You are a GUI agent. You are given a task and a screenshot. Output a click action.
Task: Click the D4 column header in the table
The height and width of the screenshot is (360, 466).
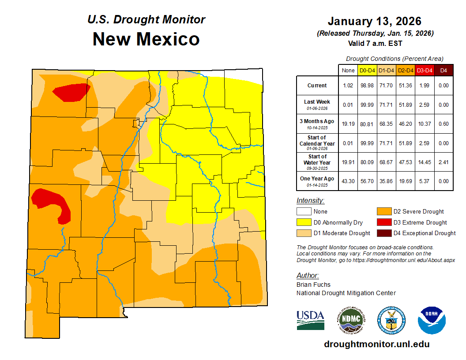pos(444,70)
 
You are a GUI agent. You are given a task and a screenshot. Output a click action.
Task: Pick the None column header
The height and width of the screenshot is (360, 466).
pos(348,70)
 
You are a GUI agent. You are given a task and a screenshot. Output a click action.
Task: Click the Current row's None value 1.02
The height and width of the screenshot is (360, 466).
pos(348,86)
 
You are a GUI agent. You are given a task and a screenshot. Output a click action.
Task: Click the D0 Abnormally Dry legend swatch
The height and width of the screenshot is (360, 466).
pos(304,222)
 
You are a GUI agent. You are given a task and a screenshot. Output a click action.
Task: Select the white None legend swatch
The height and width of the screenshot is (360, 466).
pos(304,212)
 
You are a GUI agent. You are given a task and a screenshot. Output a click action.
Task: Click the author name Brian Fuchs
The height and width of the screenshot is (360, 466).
pos(313,285)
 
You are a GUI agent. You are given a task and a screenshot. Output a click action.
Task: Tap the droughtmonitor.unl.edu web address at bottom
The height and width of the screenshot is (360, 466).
pos(376,344)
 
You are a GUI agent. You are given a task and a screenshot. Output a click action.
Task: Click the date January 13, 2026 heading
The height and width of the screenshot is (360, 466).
pos(374,21)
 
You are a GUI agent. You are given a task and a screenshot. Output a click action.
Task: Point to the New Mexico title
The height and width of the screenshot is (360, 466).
pos(146,39)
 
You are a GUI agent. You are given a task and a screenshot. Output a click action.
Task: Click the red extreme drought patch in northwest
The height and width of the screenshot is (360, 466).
pos(71,92)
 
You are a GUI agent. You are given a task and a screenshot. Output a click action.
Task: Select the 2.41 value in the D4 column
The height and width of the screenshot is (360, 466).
pos(444,162)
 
